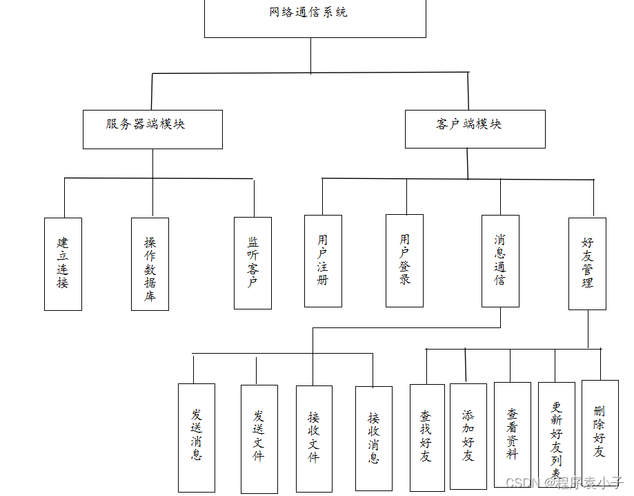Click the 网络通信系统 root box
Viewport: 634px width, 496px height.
pos(315,18)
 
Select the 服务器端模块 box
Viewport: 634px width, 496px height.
pos(152,129)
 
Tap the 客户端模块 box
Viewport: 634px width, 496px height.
pos(475,128)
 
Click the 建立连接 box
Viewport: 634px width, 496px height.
pos(63,264)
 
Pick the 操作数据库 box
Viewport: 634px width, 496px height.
pos(150,264)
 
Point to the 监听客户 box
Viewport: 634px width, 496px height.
pos(252,263)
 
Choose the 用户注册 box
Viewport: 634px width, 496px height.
pos(323,260)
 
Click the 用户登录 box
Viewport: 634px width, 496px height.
pos(404,260)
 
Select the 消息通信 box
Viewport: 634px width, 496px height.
pos(500,260)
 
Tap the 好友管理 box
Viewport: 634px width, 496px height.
pos(587,263)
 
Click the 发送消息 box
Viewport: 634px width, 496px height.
pos(197,437)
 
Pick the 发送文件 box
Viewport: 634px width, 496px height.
pos(259,439)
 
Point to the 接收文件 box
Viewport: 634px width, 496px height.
pos(314,439)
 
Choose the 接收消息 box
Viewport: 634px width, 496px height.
pos(373,439)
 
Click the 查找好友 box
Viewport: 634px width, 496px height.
pos(427,438)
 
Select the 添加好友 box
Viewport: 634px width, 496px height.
pos(468,437)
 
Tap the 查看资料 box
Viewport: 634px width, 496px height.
pos(513,435)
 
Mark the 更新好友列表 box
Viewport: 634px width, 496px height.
pos(556,434)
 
